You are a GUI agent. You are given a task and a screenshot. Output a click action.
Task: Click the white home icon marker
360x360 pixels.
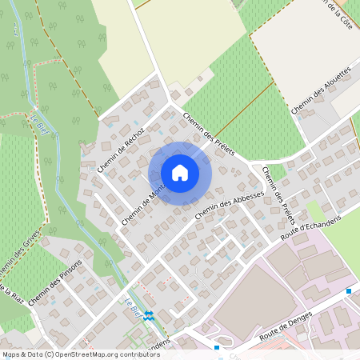[x=180, y=172]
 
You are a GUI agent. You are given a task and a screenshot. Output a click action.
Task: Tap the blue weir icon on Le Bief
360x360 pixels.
[x=148, y=314]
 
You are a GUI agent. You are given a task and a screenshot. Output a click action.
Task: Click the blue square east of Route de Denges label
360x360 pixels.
[x=349, y=291]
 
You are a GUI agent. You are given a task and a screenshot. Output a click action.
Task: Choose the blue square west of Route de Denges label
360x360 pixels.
[x=217, y=348]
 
